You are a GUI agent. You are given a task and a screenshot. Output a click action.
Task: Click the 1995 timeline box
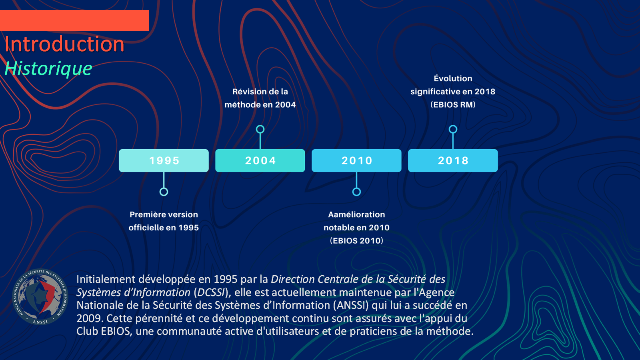[164, 160]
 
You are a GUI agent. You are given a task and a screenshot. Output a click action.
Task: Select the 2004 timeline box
[260, 160]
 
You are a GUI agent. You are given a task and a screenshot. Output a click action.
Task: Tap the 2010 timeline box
[356, 160]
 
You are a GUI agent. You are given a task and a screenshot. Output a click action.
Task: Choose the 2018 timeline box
[453, 160]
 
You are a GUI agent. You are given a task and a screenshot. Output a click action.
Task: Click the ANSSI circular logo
[40, 297]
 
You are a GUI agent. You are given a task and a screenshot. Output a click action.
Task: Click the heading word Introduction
[64, 44]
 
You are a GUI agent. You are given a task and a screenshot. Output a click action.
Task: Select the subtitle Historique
[48, 68]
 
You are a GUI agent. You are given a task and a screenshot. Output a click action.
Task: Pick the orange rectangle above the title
[74, 20]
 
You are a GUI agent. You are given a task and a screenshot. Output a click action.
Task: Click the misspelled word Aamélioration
[356, 214]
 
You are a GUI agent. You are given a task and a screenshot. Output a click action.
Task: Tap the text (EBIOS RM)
[453, 104]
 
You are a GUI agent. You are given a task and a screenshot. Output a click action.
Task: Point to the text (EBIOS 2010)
[356, 240]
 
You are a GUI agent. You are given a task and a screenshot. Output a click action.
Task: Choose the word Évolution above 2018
[453, 78]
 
